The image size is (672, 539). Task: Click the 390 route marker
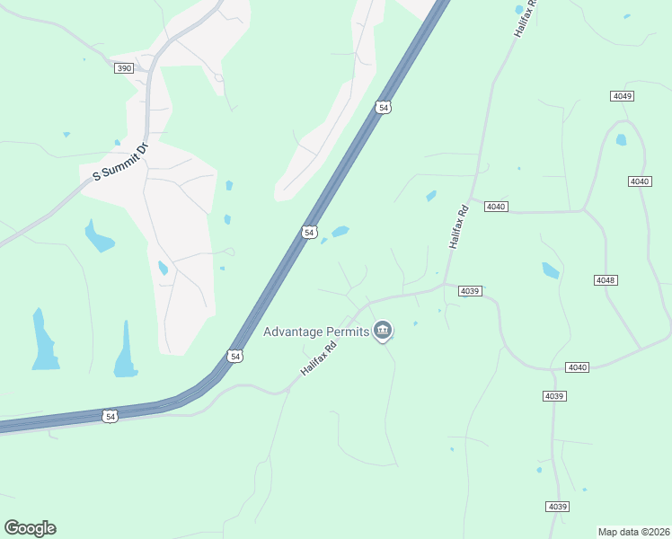124,68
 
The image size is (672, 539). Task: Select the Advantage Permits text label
316,332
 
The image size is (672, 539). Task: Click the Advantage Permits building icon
383,331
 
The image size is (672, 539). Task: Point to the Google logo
30,528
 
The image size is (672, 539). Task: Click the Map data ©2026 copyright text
633,532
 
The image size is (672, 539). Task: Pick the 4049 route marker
622,96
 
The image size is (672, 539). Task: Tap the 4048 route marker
606,280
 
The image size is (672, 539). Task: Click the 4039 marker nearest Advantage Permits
471,290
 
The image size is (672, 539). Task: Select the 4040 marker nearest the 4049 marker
639,181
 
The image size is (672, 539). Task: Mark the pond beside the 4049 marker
621,139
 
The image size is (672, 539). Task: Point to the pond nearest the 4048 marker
550,269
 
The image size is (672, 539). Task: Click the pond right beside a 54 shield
340,232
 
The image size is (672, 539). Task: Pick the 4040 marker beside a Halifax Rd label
496,207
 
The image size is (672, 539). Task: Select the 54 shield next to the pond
309,233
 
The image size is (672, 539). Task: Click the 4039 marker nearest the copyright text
557,507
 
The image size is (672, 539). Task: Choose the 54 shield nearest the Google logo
110,416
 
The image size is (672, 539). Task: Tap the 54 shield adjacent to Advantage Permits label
234,357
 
